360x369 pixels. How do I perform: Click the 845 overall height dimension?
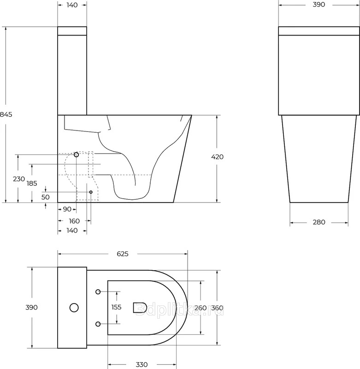[x=6, y=114]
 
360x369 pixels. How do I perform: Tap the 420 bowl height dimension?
[x=217, y=157]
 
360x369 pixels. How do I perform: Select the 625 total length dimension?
[x=123, y=254]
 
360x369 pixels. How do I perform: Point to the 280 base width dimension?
[x=319, y=222]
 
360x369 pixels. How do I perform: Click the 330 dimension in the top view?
[x=142, y=364]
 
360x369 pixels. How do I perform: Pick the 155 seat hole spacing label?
[x=116, y=307]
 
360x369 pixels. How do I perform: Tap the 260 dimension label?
[x=201, y=308]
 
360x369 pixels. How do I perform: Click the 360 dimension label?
[x=217, y=308]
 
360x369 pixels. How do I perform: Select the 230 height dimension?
[x=19, y=179]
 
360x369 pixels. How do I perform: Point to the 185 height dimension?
[x=32, y=183]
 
